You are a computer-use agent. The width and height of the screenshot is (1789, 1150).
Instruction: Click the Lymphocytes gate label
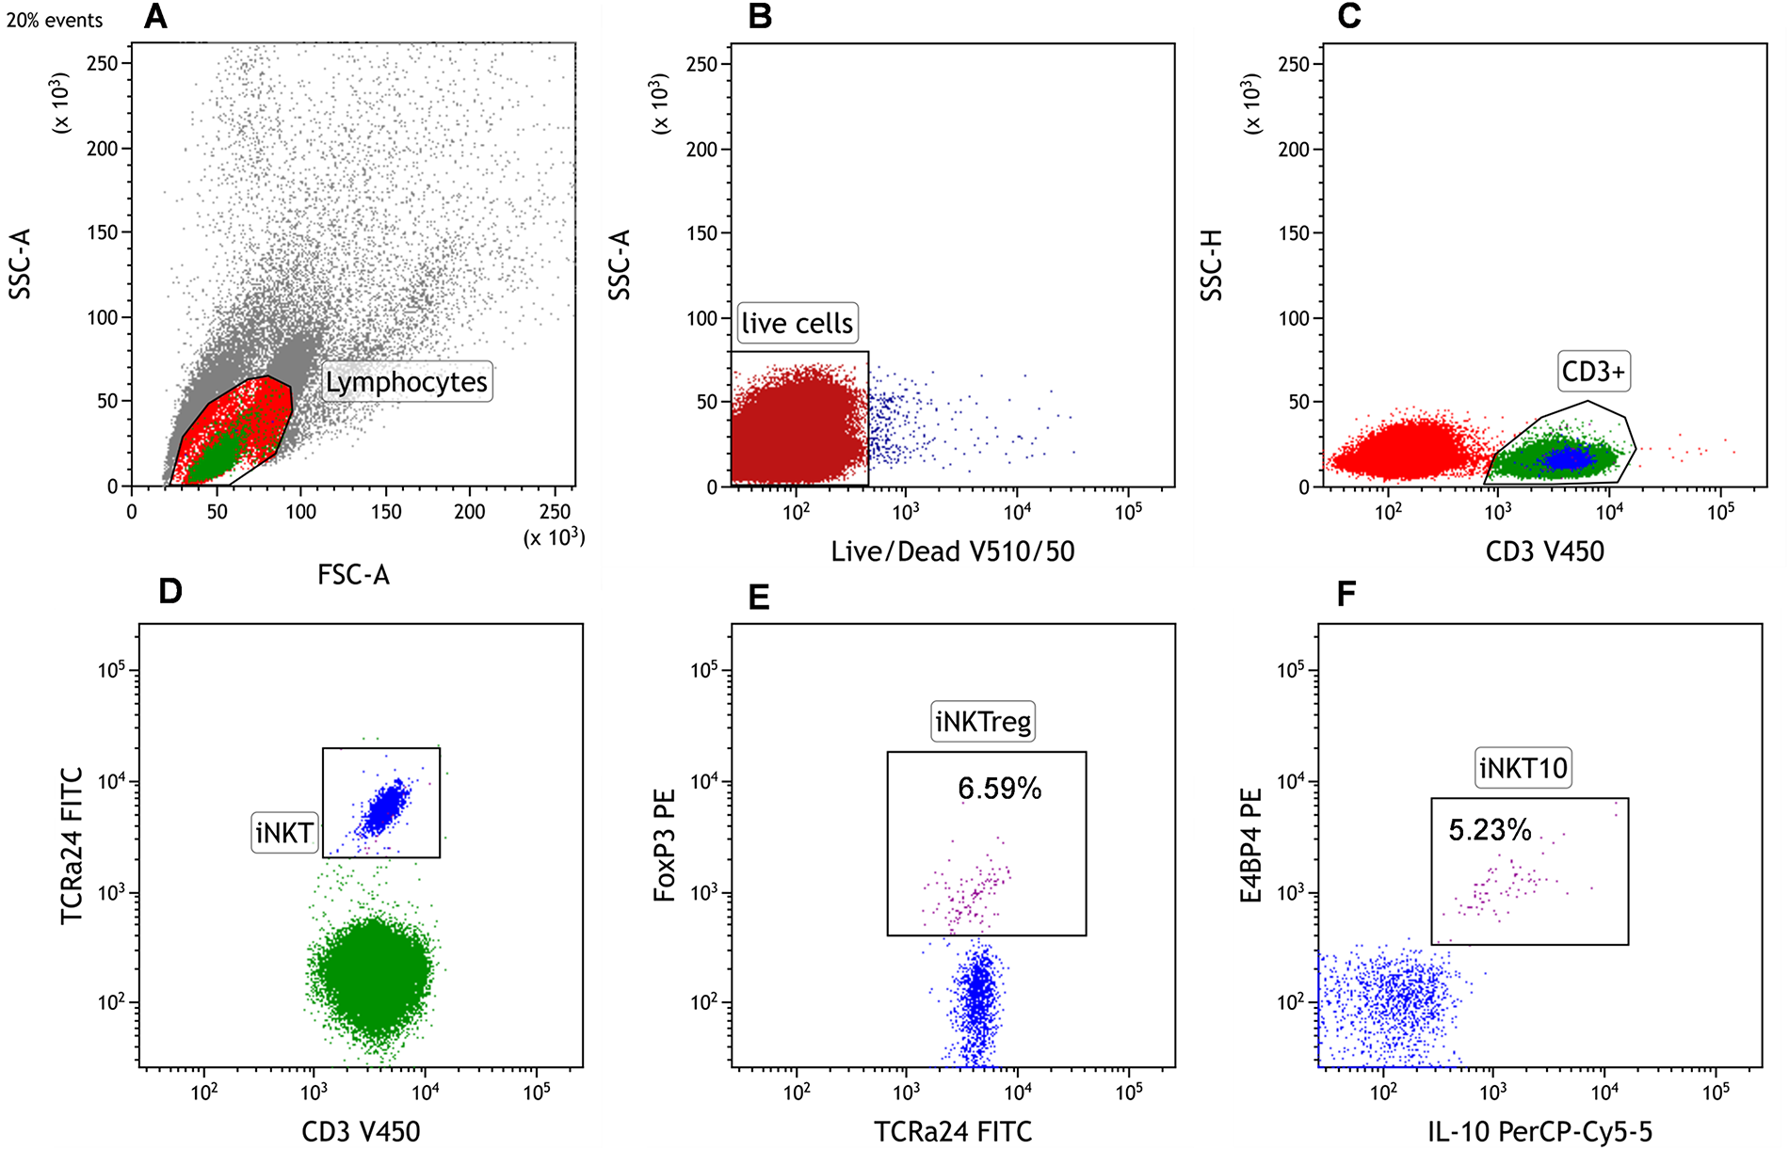[407, 382]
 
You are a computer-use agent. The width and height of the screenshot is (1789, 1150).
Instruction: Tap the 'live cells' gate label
[797, 324]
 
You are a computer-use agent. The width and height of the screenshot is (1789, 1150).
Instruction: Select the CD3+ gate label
[1593, 372]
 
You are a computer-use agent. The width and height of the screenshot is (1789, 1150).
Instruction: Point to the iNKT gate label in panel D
[283, 833]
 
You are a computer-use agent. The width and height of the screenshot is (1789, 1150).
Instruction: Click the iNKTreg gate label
[983, 722]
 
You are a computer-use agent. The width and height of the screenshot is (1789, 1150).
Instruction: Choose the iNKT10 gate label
[1523, 769]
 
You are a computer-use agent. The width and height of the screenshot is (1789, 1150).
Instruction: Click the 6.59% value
[1000, 789]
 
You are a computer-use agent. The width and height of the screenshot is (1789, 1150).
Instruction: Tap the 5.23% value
[1490, 830]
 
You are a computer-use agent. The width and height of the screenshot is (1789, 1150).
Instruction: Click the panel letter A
[155, 17]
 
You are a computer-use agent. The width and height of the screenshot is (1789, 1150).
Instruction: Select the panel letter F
[1346, 595]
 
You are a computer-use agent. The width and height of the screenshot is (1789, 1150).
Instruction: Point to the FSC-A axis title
[353, 575]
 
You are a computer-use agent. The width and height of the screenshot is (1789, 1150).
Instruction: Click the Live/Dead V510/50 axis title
[952, 551]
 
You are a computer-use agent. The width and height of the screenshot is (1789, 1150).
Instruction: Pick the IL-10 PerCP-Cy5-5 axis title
[1539, 1132]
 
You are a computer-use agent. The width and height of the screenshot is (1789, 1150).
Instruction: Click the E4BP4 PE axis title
[1251, 846]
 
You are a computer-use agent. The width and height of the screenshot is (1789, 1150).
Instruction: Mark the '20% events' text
[55, 21]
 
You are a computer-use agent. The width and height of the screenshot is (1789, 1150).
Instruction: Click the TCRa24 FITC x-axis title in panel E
[953, 1132]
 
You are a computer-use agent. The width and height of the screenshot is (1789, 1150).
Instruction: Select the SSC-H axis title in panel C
[1212, 265]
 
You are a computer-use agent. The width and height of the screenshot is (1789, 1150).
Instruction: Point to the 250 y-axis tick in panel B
[701, 64]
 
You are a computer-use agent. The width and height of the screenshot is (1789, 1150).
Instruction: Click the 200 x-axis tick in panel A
[470, 512]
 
